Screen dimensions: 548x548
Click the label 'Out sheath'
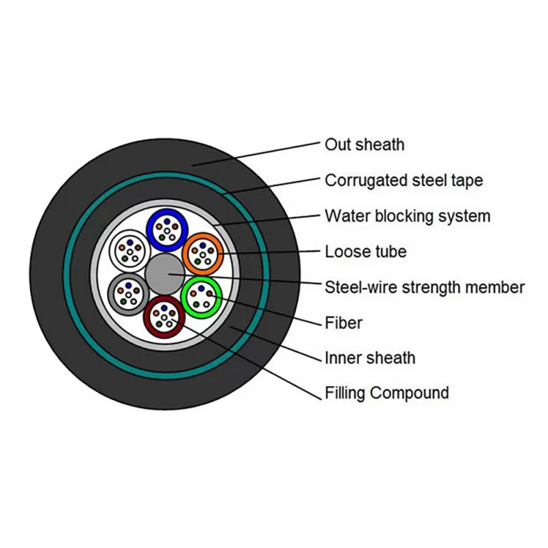click(364, 145)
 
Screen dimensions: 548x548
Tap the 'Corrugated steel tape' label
click(403, 180)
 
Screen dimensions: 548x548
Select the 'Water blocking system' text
click(407, 216)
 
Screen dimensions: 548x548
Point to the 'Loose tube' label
click(365, 251)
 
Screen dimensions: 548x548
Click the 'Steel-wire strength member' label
click(425, 286)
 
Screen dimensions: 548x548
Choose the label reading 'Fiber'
click(343, 322)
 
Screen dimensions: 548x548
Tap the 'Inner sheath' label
click(369, 358)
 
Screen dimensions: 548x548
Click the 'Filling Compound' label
click(386, 393)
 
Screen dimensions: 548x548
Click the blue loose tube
click(166, 229)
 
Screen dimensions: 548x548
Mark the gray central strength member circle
click(164, 273)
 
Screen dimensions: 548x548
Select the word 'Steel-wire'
click(358, 286)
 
